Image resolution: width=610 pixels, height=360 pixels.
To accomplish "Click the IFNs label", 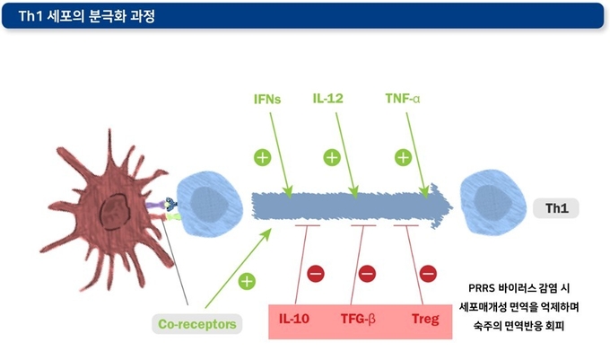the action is (267, 100).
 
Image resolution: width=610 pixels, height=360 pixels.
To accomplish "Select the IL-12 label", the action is (328, 99).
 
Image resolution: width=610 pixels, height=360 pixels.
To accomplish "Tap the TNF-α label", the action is (403, 99).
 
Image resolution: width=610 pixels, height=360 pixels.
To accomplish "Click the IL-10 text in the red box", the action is (294, 319).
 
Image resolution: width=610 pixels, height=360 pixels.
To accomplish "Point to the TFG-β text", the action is (358, 319).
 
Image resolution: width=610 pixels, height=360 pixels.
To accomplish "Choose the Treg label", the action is (425, 319).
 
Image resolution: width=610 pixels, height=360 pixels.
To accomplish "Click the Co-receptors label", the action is (197, 324).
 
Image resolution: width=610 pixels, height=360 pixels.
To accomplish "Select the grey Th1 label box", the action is (556, 208).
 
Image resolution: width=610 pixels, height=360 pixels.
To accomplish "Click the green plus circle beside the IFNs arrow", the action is (263, 158).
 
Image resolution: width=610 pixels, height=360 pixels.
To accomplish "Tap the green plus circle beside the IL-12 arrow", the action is (332, 158).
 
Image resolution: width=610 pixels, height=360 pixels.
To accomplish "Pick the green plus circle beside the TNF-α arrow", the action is (403, 158).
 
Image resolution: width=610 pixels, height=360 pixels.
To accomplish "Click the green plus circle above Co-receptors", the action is (247, 281).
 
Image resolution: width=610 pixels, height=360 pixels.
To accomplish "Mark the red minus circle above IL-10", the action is (316, 274).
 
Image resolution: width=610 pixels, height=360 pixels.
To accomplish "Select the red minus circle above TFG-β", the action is (367, 274).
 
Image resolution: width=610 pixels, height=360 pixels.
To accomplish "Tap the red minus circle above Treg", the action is (428, 274).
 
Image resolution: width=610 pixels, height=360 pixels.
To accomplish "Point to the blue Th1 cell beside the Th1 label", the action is (493, 202).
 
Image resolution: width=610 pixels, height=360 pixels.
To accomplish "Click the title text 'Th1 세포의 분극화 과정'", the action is (87, 16).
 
